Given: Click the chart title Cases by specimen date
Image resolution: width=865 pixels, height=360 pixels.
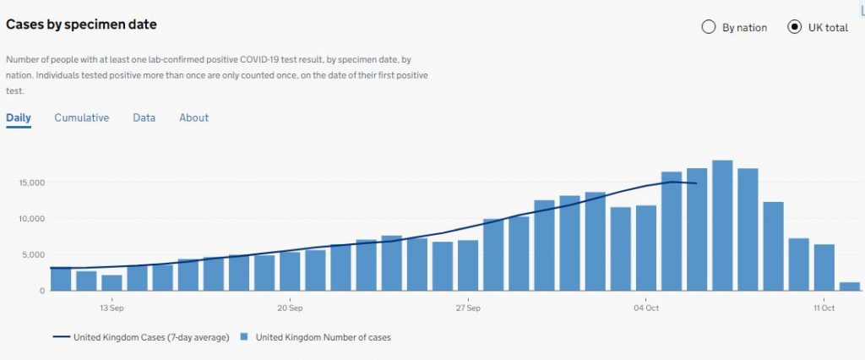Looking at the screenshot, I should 81,25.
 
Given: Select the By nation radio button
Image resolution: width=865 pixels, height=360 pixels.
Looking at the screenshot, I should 709,27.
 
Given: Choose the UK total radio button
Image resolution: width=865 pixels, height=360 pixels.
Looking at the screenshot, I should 794,27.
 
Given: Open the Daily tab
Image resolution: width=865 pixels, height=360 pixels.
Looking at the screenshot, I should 19,117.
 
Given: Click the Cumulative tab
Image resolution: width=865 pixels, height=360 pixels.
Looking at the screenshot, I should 82,117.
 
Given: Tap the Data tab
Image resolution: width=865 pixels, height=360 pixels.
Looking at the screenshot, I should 144,117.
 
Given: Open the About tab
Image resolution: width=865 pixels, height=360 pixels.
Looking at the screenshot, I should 193,117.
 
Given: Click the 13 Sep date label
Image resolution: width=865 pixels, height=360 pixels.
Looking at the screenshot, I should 112,308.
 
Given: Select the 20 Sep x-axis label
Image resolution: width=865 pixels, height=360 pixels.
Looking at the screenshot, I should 289,308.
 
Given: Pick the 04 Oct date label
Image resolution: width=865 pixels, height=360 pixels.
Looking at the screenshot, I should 646,308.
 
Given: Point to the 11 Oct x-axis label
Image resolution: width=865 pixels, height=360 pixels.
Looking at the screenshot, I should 824,308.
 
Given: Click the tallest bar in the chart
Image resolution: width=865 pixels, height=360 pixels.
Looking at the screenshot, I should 722,228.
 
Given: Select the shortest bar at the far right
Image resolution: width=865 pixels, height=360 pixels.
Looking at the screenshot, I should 850,286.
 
